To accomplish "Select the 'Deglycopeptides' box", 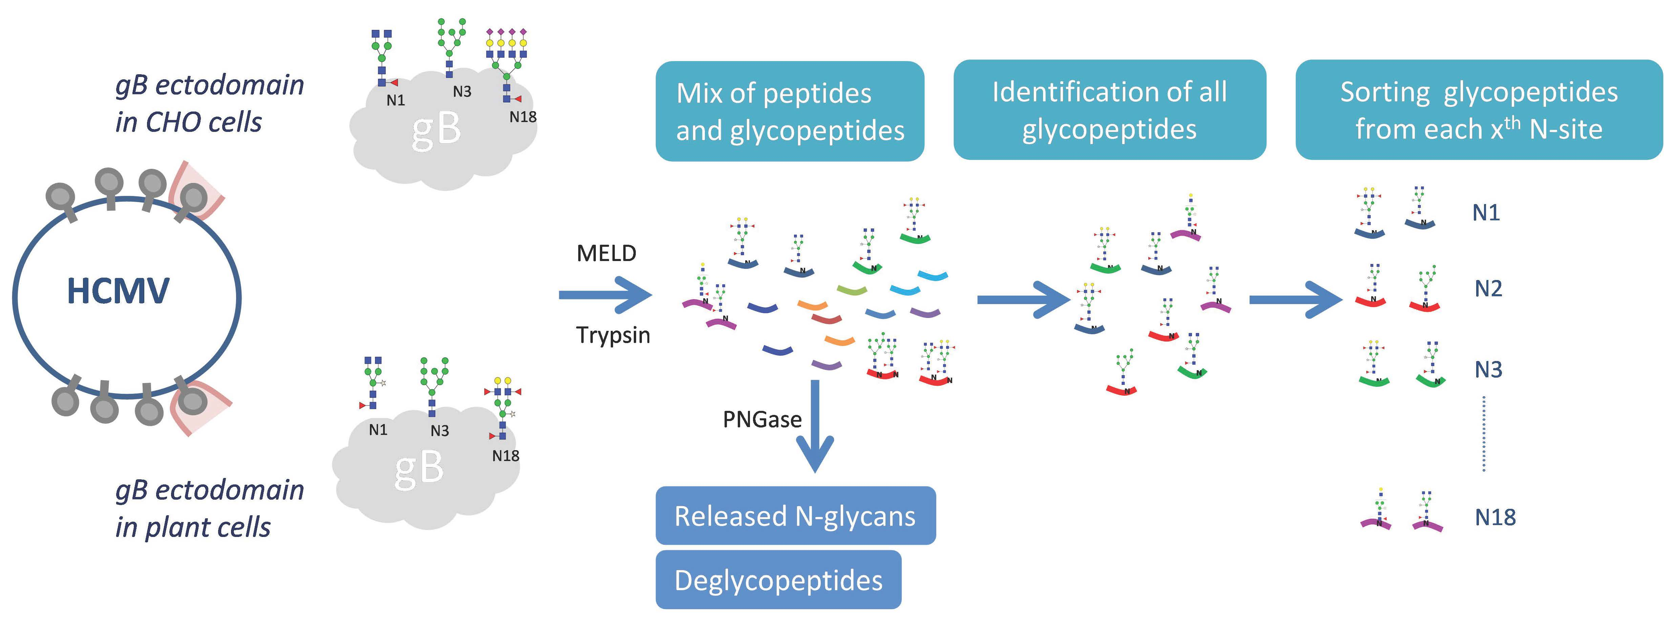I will point(778,580).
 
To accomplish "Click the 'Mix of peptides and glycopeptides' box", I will point(790,111).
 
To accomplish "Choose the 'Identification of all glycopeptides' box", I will point(1109,110).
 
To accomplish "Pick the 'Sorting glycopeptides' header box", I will point(1478,110).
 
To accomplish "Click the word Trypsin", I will point(612,335).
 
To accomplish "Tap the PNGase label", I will point(762,419).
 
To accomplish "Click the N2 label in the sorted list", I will point(1488,288).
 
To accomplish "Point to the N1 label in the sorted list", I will point(1485,213).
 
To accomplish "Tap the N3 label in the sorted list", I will point(1488,369).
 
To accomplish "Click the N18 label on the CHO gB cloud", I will point(522,117).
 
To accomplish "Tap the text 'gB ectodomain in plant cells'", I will point(209,508).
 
